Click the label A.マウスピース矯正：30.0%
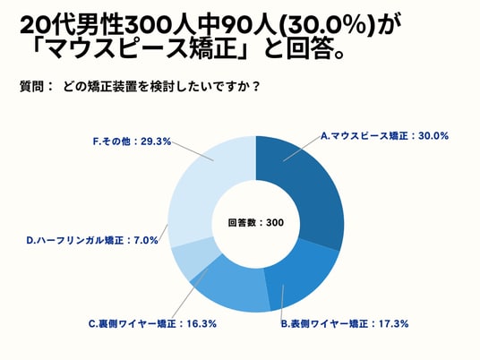(x=384, y=135)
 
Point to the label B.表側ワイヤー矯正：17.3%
(x=345, y=323)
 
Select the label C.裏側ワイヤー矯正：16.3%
(x=152, y=323)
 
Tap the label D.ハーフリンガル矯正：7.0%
(x=92, y=240)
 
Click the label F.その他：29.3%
(x=132, y=141)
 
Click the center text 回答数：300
(x=256, y=223)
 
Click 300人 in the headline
(x=159, y=25)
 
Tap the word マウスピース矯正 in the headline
(x=142, y=49)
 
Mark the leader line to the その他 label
(x=193, y=151)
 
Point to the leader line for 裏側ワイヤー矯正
(x=190, y=293)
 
